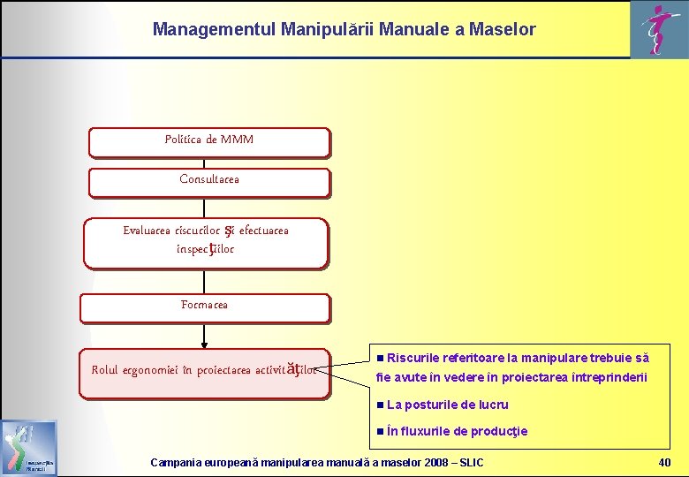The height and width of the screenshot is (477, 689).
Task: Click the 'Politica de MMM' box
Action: [x=209, y=141]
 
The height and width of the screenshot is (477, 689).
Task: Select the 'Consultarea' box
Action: [x=209, y=181]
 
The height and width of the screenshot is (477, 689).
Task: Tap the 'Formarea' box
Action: [x=204, y=307]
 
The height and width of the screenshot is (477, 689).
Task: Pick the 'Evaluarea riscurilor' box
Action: [x=205, y=241]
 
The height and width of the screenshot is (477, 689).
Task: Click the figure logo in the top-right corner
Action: [x=656, y=30]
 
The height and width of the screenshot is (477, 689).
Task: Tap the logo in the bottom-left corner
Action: [x=29, y=449]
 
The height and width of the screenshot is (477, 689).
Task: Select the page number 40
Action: [x=664, y=463]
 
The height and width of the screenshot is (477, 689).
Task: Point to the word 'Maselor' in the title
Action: [x=502, y=29]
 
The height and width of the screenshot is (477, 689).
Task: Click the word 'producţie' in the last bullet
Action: [x=500, y=431]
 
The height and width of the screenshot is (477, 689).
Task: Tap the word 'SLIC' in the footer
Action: [x=468, y=463]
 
